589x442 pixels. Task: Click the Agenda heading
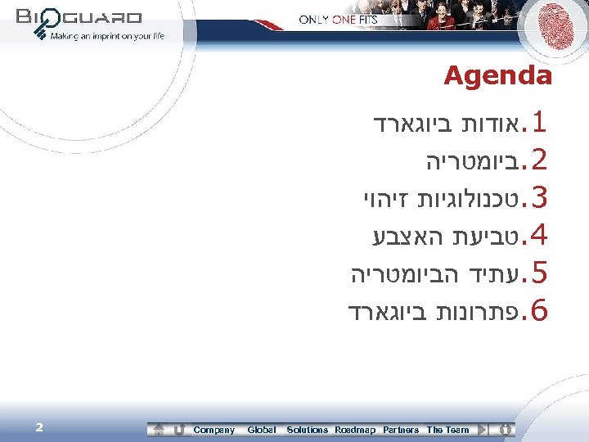pos(497,77)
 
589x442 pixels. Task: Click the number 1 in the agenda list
pos(537,126)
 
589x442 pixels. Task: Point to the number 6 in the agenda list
pos(537,310)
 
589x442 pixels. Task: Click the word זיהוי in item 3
pos(381,199)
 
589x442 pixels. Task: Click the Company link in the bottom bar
pos(214,430)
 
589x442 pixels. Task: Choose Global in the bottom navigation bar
pos(262,430)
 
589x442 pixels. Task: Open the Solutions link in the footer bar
pos(307,430)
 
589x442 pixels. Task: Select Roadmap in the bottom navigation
pos(355,430)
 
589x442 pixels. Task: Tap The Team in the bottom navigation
pos(448,430)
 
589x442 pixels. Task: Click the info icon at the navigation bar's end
pos(506,430)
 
